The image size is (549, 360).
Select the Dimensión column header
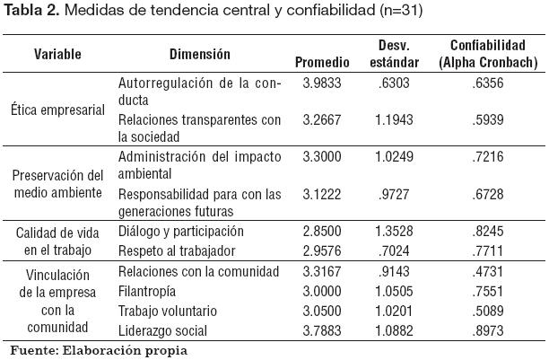[199, 54]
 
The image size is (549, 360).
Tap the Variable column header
[57, 54]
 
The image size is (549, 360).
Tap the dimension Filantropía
[148, 291]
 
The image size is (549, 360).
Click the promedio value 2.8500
[320, 232]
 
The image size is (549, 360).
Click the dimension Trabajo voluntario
[168, 309]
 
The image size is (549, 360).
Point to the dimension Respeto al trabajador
[177, 250]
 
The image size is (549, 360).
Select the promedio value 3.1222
[320, 195]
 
